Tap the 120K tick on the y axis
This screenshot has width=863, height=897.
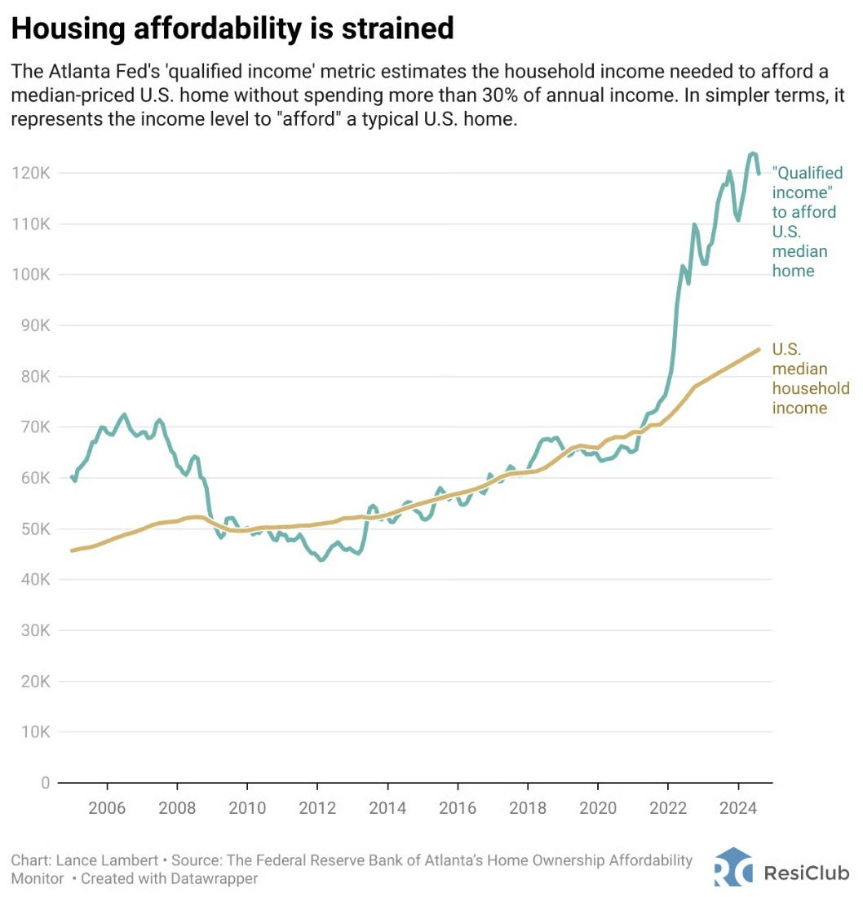(32, 173)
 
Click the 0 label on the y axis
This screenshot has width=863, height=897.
(45, 783)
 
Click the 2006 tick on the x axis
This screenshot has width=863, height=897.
(107, 808)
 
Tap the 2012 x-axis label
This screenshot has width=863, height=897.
(317, 808)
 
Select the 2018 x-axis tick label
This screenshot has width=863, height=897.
(528, 808)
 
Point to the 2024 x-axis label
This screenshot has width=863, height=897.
(738, 808)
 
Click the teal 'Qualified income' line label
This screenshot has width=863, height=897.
(807, 222)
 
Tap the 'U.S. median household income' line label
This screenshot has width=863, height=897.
(799, 378)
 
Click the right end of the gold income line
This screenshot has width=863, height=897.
(759, 349)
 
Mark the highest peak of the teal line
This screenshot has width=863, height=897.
(752, 153)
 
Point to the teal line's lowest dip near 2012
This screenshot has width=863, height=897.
(321, 560)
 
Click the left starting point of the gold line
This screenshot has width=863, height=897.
(72, 550)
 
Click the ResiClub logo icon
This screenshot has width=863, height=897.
(732, 867)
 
